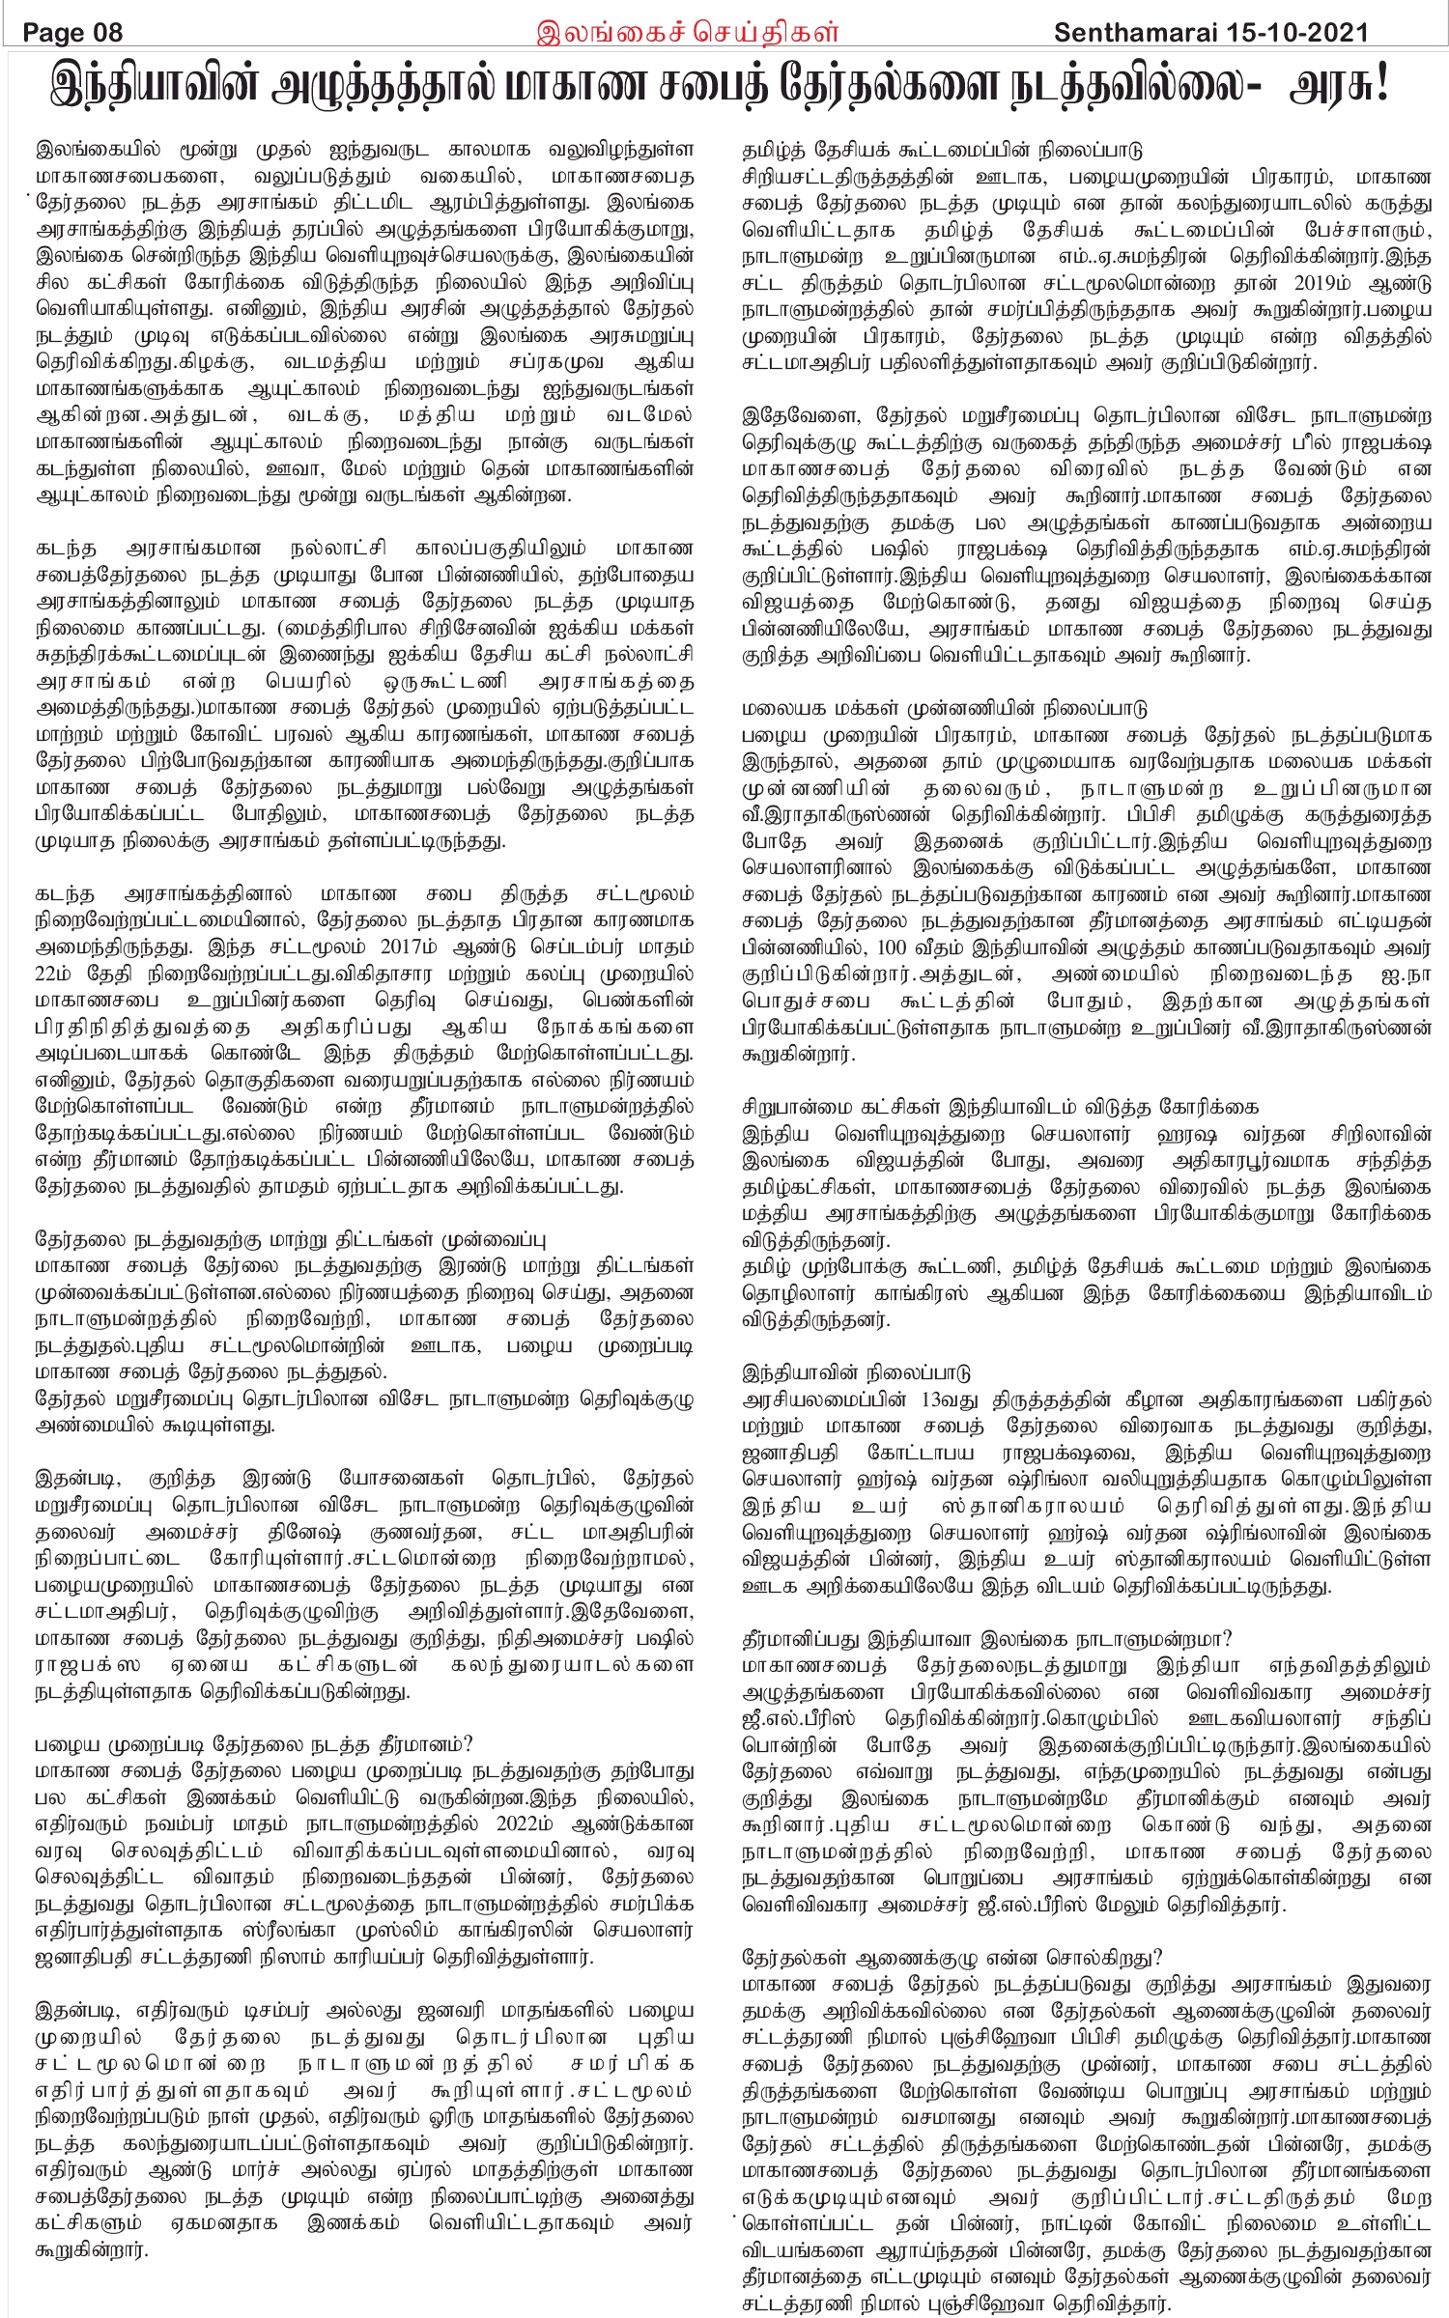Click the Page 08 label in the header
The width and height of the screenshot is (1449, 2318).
(72, 33)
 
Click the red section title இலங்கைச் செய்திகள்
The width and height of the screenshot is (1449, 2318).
(687, 32)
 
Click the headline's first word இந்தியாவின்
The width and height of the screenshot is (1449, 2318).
(156, 87)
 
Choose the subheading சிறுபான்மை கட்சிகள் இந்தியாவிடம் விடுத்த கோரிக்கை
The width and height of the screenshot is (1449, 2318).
(1000, 1107)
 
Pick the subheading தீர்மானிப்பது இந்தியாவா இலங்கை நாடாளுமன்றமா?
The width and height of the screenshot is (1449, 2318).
(986, 1639)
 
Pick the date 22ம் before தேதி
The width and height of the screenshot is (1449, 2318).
(57, 974)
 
